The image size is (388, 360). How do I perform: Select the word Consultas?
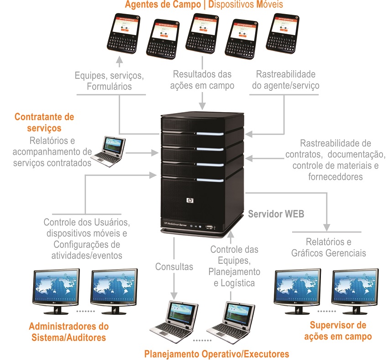[174, 266]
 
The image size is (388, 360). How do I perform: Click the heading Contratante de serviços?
[44, 123]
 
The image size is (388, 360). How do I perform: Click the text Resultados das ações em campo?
[202, 79]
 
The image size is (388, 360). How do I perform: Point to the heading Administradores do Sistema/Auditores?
[68, 332]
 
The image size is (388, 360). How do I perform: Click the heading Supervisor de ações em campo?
[338, 331]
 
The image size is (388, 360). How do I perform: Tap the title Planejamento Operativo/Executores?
[217, 354]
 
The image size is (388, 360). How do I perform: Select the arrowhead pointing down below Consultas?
[173, 295]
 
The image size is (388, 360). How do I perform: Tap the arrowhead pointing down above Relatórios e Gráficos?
[326, 226]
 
